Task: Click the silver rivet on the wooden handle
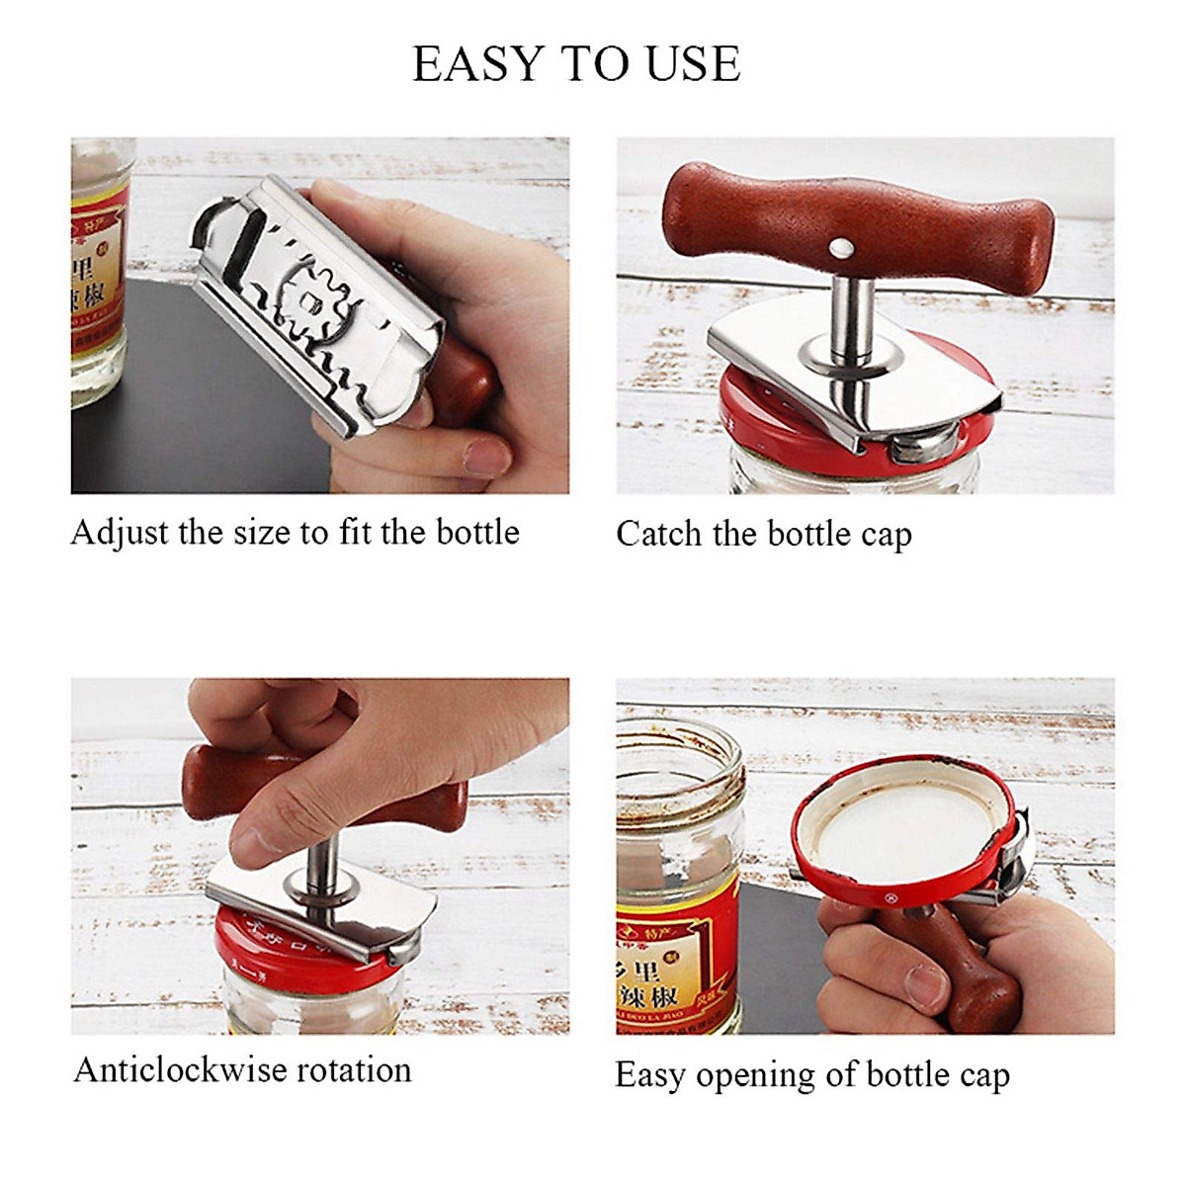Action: point(841,245)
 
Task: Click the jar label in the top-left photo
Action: point(99,267)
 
